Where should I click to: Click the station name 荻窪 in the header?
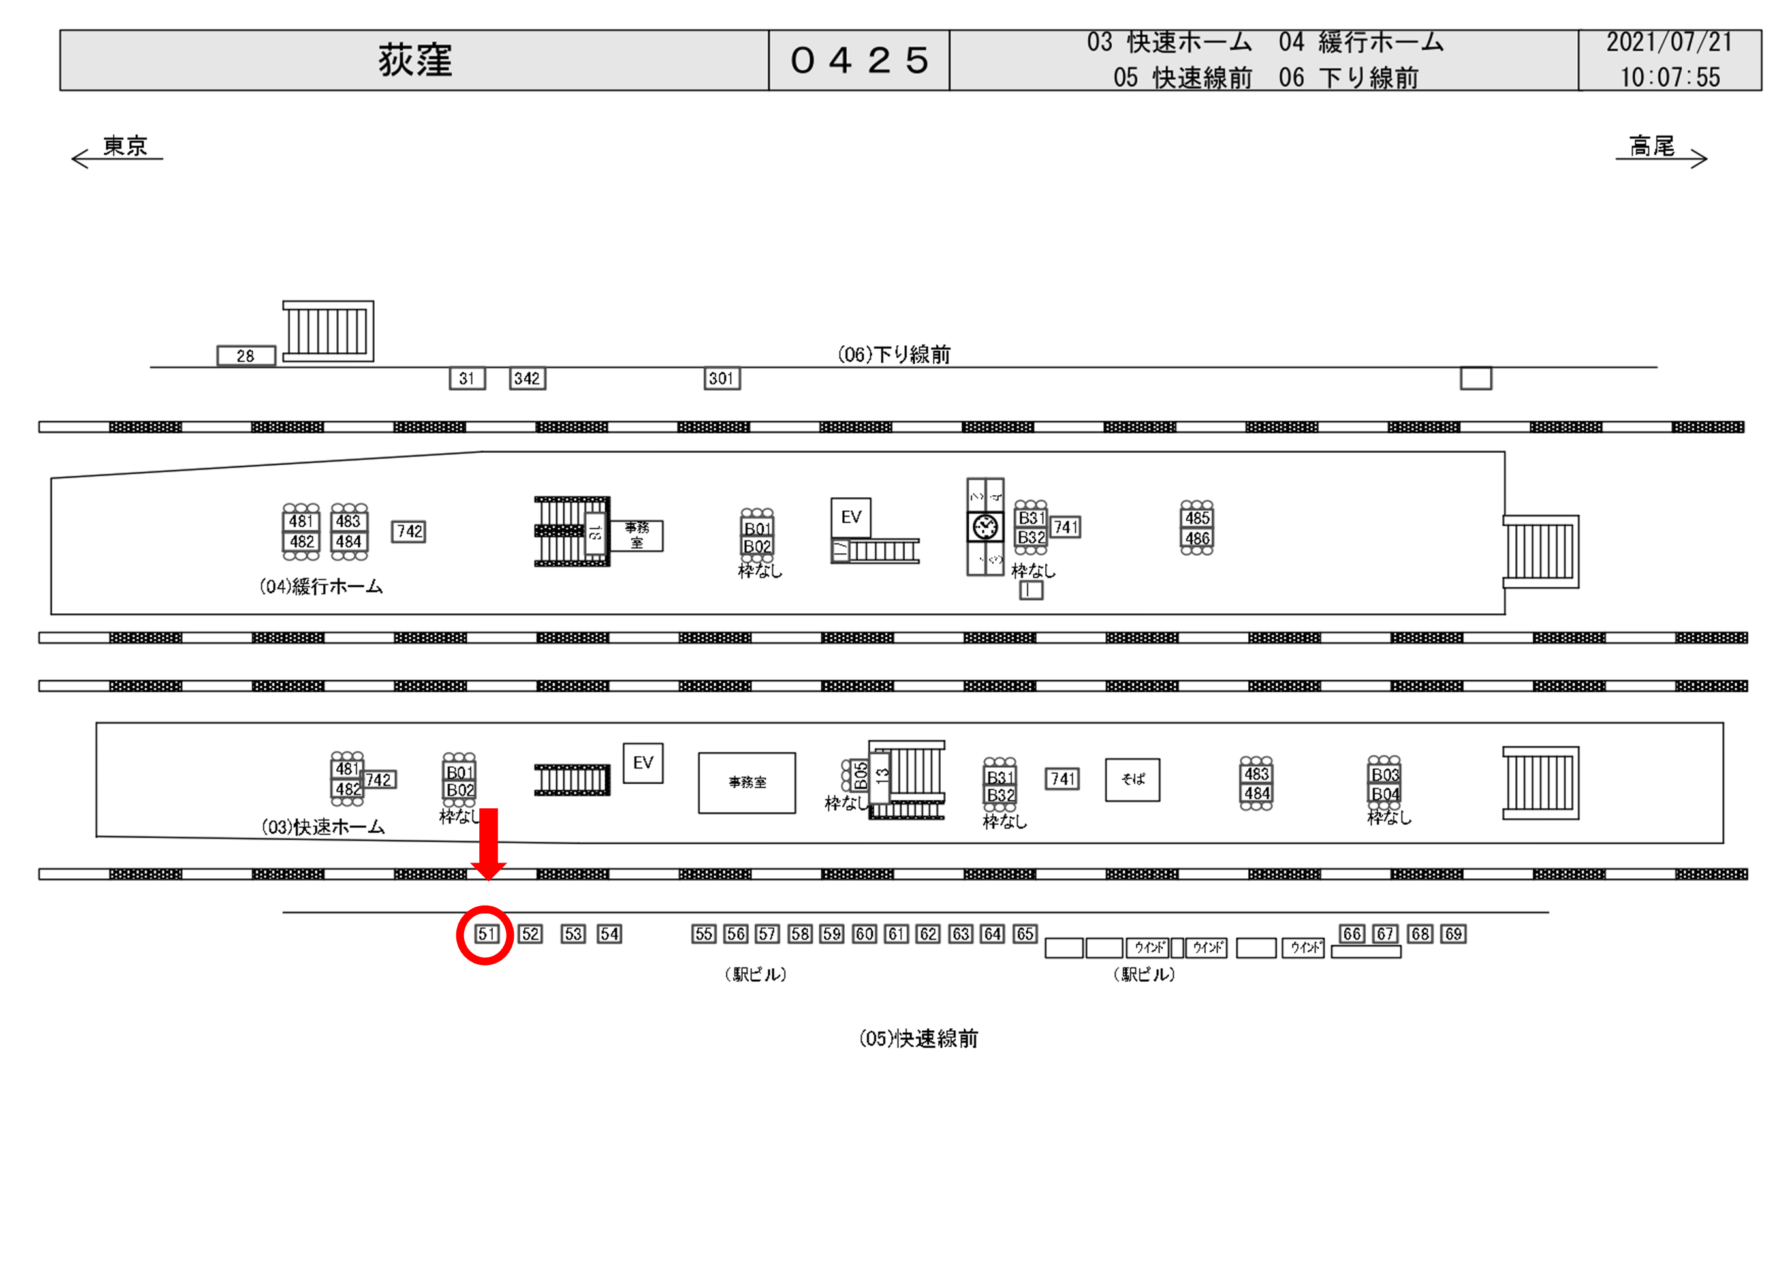pos(415,60)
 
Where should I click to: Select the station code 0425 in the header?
pos(858,60)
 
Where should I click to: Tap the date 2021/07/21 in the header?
pos(1669,42)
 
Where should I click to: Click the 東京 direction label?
pos(124,146)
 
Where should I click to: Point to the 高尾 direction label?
pos(1652,146)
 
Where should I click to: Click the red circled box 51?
pos(486,934)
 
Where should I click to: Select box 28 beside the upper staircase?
pos(246,356)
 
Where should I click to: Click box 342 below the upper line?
pos(527,378)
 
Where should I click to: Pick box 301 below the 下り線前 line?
pos(721,378)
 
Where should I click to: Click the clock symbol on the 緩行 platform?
pos(985,527)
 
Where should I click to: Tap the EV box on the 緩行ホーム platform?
pos(850,517)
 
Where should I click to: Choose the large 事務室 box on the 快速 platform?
pos(746,782)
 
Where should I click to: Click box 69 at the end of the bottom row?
pos(1453,934)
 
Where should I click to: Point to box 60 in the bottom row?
pos(864,934)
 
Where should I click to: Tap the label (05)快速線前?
pos(918,1039)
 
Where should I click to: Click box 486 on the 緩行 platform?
pos(1197,538)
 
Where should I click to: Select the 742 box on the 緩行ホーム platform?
pos(408,531)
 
